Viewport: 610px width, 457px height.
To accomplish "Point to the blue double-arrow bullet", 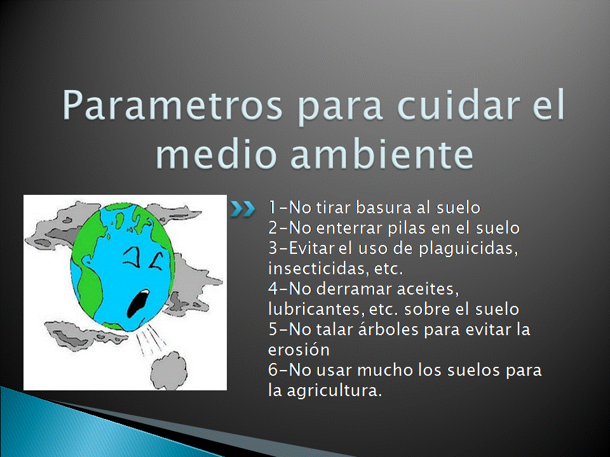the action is pyautogui.click(x=242, y=209).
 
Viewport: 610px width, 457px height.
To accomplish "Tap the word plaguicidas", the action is pyautogui.click(x=468, y=249).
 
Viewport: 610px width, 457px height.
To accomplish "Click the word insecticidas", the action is pyautogui.click(x=318, y=268).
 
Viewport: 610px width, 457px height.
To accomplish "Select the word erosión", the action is pyautogui.click(x=299, y=349).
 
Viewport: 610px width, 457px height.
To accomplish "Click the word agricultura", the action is pyautogui.click(x=334, y=390).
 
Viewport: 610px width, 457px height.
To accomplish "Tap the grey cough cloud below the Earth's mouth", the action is pyautogui.click(x=168, y=371).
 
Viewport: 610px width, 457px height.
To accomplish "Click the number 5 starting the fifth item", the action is pyautogui.click(x=273, y=329).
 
